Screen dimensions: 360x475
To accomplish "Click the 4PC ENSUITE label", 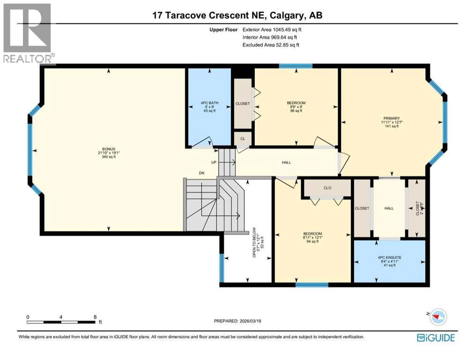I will (388, 257).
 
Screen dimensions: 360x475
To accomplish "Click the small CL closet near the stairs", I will (243, 139).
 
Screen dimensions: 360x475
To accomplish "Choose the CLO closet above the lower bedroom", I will (327, 187).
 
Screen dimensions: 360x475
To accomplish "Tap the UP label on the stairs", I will (214, 162).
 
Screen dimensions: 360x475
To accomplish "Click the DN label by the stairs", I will (201, 173).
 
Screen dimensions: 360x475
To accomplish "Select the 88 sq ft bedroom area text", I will (296, 111).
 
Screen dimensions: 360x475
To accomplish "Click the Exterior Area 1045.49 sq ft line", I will (269, 29).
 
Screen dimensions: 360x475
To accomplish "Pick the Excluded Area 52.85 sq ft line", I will (270, 45).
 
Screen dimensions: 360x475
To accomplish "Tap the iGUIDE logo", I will (435, 337).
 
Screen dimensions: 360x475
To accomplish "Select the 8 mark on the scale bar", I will (96, 317).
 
